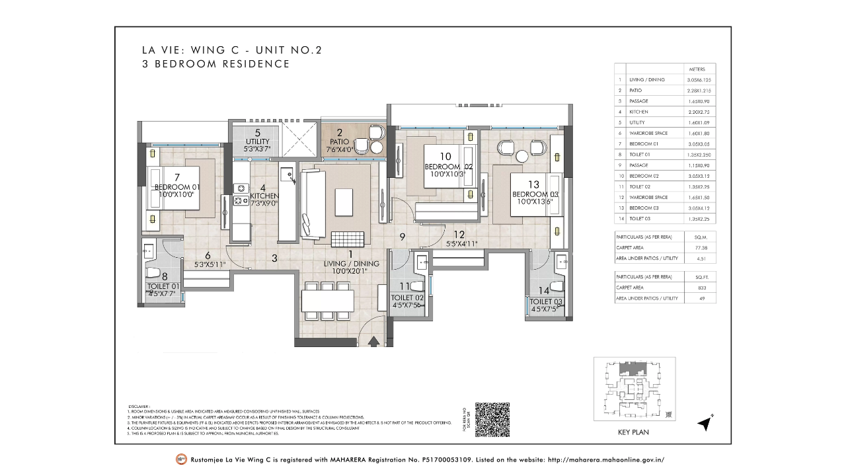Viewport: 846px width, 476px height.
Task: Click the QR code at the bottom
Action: click(492, 419)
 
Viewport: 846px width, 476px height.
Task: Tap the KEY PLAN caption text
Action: click(633, 432)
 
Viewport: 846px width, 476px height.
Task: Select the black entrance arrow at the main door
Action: click(374, 341)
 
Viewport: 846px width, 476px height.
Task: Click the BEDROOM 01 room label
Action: click(177, 187)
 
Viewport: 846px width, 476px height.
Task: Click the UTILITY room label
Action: click(257, 141)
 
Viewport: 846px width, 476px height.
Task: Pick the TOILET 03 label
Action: click(546, 301)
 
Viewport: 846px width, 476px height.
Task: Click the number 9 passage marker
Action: click(402, 237)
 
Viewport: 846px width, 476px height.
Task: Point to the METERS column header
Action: click(697, 69)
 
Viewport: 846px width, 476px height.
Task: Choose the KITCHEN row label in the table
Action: click(638, 112)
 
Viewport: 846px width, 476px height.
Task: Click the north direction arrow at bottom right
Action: click(705, 424)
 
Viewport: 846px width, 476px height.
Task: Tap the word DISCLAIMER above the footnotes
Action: click(139, 407)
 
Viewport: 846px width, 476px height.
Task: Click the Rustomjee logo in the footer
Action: click(180, 459)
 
